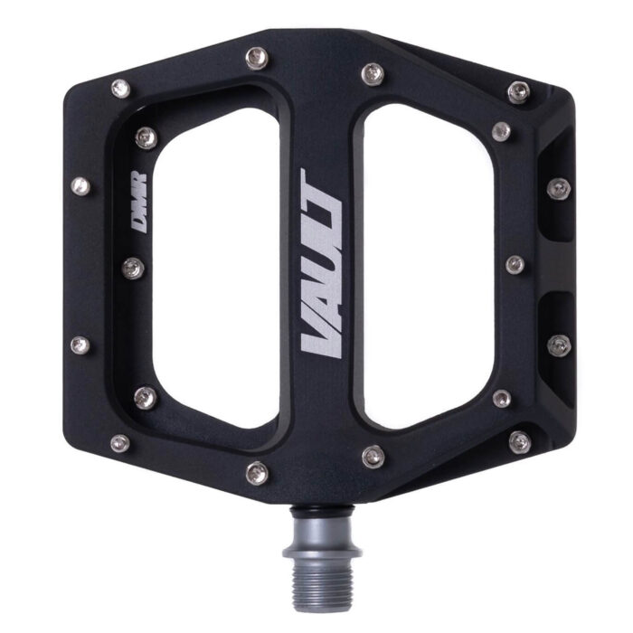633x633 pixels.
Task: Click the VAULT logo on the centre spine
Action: [x=321, y=263]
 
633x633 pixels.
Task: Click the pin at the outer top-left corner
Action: [x=118, y=87]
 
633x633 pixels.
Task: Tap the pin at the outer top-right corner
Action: [x=518, y=89]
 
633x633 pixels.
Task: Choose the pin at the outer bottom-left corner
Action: [x=118, y=442]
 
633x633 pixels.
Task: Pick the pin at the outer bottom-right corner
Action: [x=520, y=441]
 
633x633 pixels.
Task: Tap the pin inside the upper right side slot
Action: [x=558, y=188]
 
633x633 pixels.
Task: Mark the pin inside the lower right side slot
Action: [x=559, y=344]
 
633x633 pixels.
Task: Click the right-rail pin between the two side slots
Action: [x=515, y=264]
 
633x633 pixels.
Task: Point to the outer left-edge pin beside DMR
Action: [x=81, y=185]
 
